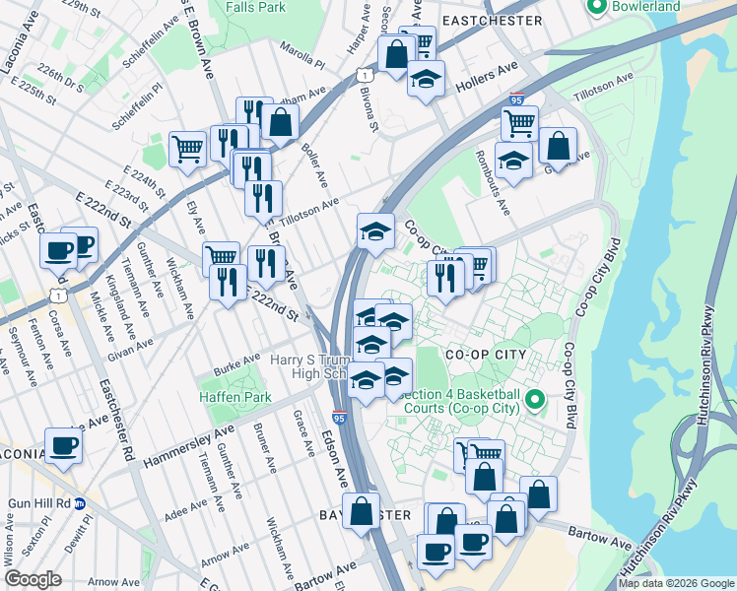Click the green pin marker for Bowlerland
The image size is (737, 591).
tap(596, 7)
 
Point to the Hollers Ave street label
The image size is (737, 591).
tap(486, 76)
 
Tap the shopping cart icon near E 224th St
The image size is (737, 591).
tap(186, 149)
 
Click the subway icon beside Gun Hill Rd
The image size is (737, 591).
tap(82, 502)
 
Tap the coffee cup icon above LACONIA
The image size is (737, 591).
tap(64, 444)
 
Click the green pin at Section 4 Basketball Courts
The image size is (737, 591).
tap(535, 399)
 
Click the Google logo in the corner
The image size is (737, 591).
tap(33, 579)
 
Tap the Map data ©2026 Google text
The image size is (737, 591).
tap(676, 583)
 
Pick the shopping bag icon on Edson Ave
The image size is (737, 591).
tap(362, 510)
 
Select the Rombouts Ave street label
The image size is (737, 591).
tap(493, 184)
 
